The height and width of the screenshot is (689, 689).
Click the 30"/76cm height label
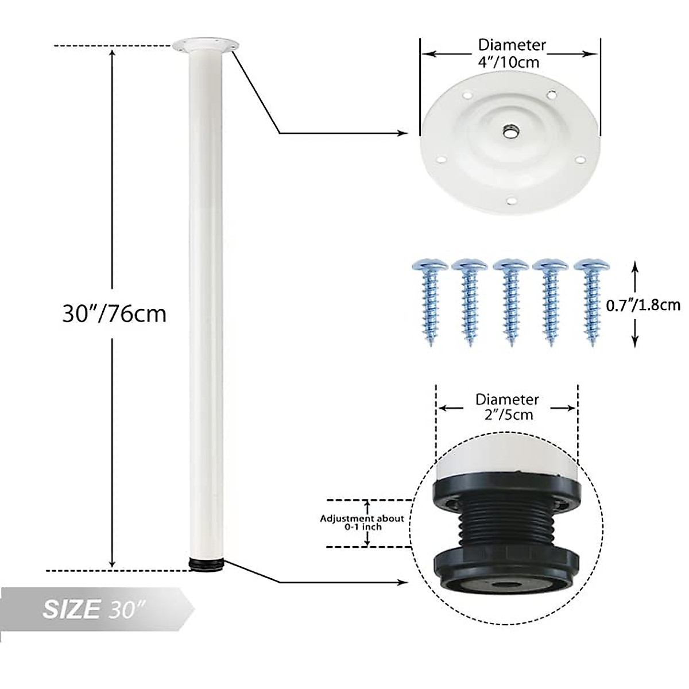coord(114,313)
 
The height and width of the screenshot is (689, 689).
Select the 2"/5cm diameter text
coord(506,414)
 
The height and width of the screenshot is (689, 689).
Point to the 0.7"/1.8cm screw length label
coord(643,304)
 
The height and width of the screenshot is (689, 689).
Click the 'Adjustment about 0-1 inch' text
coord(362,522)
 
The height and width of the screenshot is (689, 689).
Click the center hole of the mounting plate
coord(509,132)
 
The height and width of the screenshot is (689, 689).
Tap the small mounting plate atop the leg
coord(206,44)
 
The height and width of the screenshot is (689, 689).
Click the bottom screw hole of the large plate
coord(513,200)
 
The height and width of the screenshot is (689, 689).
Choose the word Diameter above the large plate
coord(512,45)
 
